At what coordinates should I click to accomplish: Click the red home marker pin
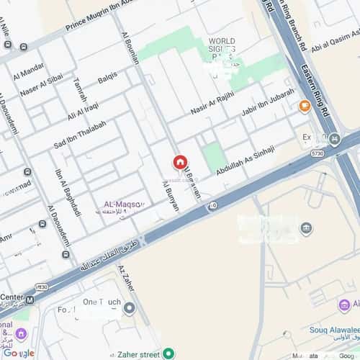[179, 162]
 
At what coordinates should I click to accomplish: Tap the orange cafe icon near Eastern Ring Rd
[305, 107]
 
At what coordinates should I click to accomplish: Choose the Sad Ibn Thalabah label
[80, 135]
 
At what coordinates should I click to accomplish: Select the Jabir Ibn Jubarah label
[268, 102]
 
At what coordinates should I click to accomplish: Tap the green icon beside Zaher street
[168, 353]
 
